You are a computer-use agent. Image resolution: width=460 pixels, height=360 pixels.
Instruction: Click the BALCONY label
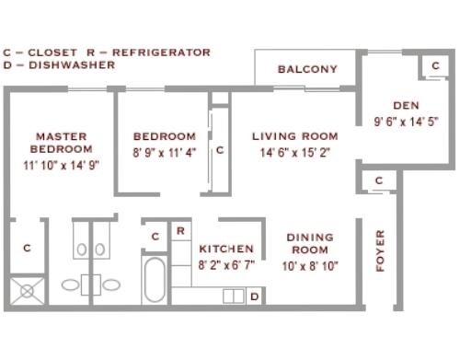click(307, 69)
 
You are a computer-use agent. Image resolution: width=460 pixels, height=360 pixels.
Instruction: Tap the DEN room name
click(406, 106)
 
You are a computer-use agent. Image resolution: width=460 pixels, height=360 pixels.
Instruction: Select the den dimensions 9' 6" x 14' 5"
click(406, 122)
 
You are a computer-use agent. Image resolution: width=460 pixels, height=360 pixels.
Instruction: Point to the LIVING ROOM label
click(295, 136)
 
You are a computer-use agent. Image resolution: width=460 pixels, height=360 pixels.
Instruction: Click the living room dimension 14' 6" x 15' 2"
click(295, 153)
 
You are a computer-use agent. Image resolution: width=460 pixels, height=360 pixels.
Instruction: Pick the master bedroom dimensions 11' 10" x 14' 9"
click(62, 166)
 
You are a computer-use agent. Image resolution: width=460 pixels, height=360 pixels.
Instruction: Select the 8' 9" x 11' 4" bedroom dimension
click(165, 153)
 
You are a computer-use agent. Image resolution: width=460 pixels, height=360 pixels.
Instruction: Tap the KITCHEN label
click(226, 249)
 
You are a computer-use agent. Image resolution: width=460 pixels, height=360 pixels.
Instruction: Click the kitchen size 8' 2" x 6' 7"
click(226, 265)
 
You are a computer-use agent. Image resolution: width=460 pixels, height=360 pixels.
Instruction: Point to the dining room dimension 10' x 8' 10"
click(310, 266)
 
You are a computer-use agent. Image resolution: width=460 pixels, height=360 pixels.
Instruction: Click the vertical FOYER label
click(380, 250)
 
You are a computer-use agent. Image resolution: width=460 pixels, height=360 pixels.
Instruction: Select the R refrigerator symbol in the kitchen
click(180, 231)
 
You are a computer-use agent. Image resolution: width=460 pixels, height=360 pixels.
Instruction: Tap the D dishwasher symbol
click(255, 296)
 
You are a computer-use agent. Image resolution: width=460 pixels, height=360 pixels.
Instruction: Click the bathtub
click(155, 280)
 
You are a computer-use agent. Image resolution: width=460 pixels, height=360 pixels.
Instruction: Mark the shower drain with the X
click(27, 291)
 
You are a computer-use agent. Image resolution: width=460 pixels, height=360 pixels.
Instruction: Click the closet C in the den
click(436, 65)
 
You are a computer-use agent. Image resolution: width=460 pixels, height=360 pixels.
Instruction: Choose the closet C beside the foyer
click(379, 180)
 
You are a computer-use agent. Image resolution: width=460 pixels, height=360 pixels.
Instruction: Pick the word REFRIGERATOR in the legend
click(161, 52)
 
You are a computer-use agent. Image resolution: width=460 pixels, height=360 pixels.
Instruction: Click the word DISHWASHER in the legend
click(72, 65)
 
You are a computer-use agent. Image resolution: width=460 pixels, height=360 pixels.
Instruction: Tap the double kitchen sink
click(234, 296)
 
